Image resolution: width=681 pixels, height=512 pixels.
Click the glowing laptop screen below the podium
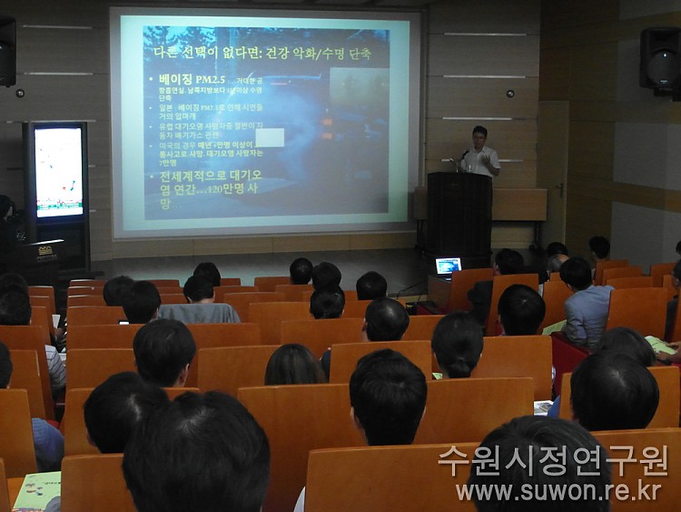(x=448, y=266)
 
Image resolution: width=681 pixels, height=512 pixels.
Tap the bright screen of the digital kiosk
(x=58, y=171)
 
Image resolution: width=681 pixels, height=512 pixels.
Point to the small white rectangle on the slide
(x=270, y=137)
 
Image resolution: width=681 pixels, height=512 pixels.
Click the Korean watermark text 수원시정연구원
(x=553, y=460)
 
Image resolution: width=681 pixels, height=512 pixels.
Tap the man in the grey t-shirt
(x=199, y=301)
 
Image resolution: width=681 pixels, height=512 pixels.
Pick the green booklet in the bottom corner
(x=36, y=491)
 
